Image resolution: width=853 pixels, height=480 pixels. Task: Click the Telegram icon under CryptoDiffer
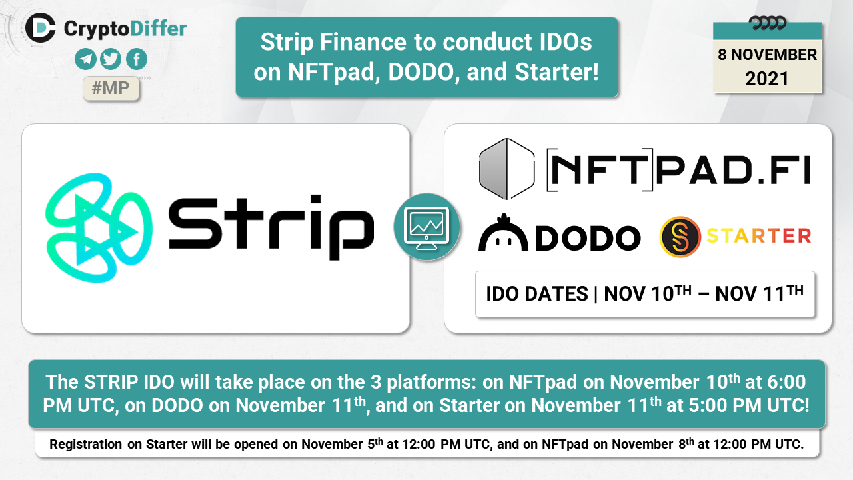tap(85, 59)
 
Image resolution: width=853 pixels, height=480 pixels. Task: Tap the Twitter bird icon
tap(111, 59)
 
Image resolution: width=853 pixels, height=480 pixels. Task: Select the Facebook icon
tap(137, 59)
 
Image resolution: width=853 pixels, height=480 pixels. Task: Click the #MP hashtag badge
tap(111, 89)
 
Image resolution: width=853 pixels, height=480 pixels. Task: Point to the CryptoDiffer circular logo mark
tap(41, 27)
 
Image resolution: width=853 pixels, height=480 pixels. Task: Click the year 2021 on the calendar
tap(767, 79)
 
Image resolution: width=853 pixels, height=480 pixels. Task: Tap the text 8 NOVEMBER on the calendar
tap(767, 55)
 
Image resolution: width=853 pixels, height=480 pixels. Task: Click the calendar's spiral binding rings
tap(767, 23)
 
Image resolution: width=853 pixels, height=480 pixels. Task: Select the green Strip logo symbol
tap(99, 228)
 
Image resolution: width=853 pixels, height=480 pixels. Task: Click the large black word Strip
tap(271, 228)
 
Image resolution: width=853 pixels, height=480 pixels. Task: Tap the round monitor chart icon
tap(427, 227)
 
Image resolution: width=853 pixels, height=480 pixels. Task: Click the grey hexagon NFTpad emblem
tap(506, 169)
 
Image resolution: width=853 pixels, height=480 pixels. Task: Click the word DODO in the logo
tap(588, 238)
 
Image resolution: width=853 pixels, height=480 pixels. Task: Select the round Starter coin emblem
tap(680, 237)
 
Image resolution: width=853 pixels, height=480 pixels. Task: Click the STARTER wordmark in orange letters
tap(759, 235)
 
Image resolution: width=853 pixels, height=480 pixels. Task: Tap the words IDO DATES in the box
tap(537, 294)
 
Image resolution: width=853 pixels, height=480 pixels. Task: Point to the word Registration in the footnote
tap(86, 444)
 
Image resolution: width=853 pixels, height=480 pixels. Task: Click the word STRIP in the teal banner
tap(111, 382)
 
